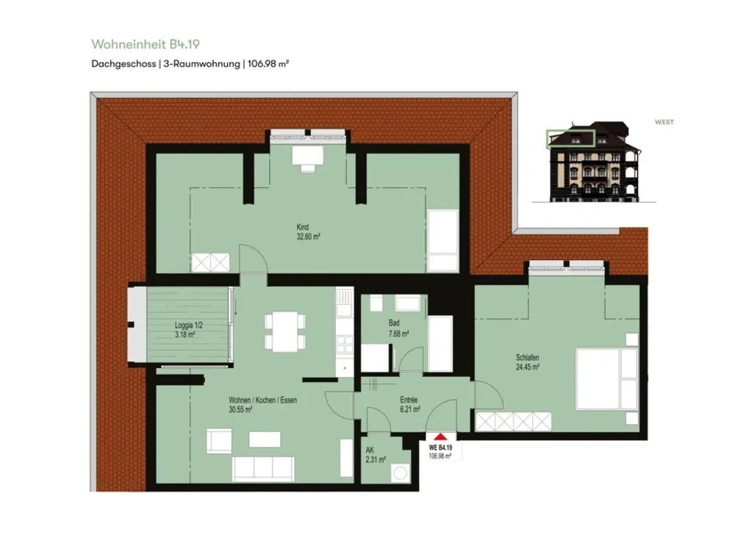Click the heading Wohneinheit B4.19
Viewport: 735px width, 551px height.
(x=146, y=44)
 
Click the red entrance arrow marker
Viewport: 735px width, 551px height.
(x=440, y=436)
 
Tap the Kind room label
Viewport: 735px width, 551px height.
(x=303, y=227)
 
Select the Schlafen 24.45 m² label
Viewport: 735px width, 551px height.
(x=527, y=362)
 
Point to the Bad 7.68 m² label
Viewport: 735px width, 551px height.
(x=398, y=328)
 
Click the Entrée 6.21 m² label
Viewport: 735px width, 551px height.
(x=409, y=404)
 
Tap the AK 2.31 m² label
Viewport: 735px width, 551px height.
(x=376, y=455)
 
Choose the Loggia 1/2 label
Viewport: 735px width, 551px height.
(x=188, y=325)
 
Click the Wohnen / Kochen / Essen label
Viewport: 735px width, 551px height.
(x=262, y=400)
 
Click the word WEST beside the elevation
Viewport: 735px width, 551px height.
(x=664, y=122)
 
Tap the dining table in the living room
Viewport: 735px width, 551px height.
(x=285, y=332)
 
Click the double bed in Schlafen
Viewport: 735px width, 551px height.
(x=606, y=378)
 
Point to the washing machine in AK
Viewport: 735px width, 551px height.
(x=401, y=473)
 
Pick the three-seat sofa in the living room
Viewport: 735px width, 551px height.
(x=263, y=469)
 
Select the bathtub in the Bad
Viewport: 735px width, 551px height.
(x=440, y=344)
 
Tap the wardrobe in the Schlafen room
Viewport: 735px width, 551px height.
(x=513, y=421)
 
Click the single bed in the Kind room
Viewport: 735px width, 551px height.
(x=443, y=241)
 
